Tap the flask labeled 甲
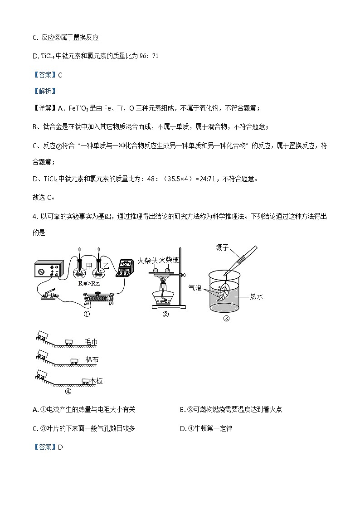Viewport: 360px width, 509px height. coord(80,272)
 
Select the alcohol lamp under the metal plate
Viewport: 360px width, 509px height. coord(164,297)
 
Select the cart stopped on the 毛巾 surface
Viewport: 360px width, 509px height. coord(70,343)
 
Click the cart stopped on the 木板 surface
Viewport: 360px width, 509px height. coord(85,382)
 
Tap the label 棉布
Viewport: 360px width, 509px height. coord(92,360)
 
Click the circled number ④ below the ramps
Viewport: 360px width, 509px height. coord(68,392)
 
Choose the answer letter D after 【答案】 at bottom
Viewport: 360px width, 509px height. coord(60,447)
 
